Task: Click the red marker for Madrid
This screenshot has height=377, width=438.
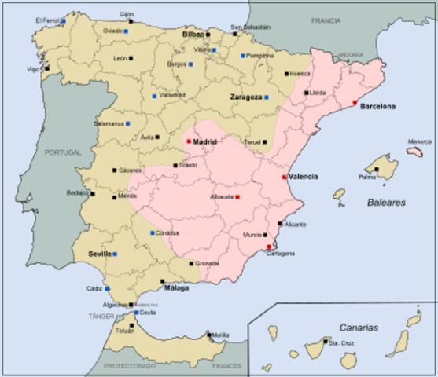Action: [189, 141]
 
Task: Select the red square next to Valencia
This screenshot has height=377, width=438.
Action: [284, 177]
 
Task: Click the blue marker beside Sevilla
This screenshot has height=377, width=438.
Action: [115, 254]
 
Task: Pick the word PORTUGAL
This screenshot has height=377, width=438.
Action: [63, 152]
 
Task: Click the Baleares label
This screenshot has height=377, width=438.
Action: [386, 202]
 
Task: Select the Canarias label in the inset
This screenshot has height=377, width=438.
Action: [359, 327]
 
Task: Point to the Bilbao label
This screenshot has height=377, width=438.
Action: [192, 35]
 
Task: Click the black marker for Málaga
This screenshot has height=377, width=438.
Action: [163, 281]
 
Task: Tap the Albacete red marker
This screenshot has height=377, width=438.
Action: [237, 196]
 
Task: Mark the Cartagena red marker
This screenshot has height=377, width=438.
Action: [269, 247]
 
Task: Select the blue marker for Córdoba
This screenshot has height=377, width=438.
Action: [153, 233]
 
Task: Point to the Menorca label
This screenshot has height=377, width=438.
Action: [419, 142]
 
